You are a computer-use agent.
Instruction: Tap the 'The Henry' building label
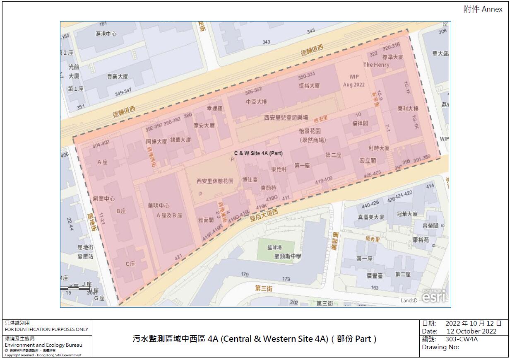pos(376,65)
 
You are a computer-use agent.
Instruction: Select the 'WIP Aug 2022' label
pos(354,81)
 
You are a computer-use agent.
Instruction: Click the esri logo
pos(435,296)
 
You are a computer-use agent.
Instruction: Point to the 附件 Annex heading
pos(483,10)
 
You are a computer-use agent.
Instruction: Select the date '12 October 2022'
pos(471,331)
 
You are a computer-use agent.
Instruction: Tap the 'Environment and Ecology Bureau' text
pos(43,345)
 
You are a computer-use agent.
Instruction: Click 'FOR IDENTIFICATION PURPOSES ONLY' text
pos(46,329)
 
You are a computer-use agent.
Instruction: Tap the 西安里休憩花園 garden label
pos(215,181)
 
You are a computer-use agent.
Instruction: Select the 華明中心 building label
pos(159,205)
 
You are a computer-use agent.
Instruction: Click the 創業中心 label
pos(104,198)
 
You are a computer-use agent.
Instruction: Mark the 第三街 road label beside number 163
pos(264,288)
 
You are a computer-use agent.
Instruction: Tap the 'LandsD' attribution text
pos(409,301)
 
